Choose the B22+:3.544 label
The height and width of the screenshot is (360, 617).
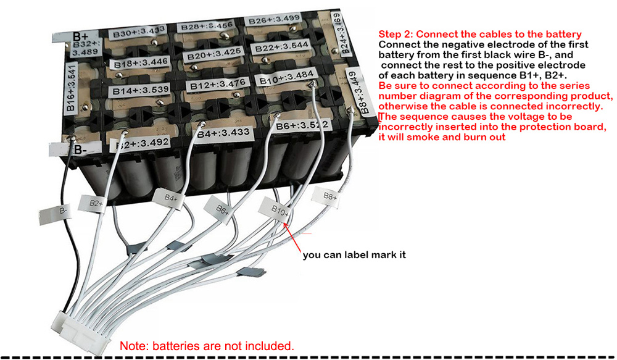(282, 48)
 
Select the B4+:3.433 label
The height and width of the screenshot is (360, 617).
(221, 132)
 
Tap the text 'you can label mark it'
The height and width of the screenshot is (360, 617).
(354, 254)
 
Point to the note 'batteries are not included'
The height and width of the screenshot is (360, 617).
(207, 345)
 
